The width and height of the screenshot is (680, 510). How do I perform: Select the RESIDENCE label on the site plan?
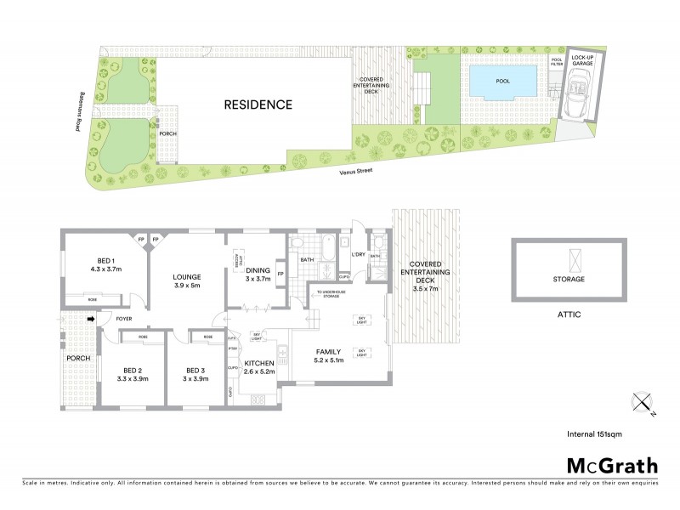(x=258, y=105)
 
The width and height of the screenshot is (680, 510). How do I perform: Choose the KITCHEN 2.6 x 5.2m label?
(x=258, y=367)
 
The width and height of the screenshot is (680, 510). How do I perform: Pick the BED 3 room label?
(x=194, y=374)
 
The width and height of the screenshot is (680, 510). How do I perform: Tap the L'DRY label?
(x=358, y=253)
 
